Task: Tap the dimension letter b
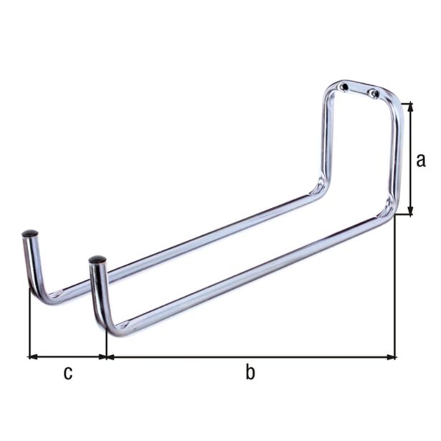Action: [250, 372]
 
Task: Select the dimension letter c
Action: [67, 372]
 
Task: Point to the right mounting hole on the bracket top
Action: [372, 93]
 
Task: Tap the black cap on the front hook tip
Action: [98, 259]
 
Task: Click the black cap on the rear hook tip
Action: [30, 234]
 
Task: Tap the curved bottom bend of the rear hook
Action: [43, 295]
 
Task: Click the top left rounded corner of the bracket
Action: [328, 90]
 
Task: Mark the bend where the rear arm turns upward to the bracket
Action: [316, 189]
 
